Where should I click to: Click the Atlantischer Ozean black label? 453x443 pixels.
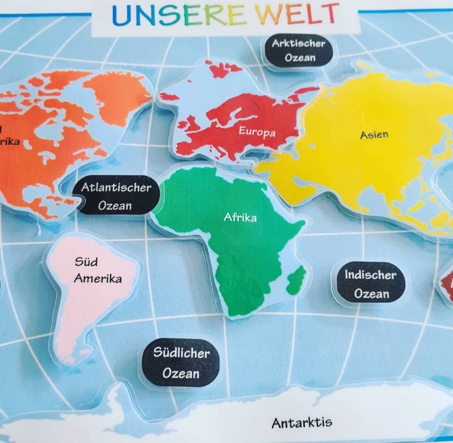coord(116,196)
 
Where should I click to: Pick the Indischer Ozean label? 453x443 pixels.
coord(371,284)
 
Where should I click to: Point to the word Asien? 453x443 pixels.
coord(374,135)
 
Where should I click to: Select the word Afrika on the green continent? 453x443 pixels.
coord(240,218)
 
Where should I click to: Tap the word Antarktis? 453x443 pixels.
coord(302,422)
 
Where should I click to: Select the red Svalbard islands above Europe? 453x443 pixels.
coord(225,69)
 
